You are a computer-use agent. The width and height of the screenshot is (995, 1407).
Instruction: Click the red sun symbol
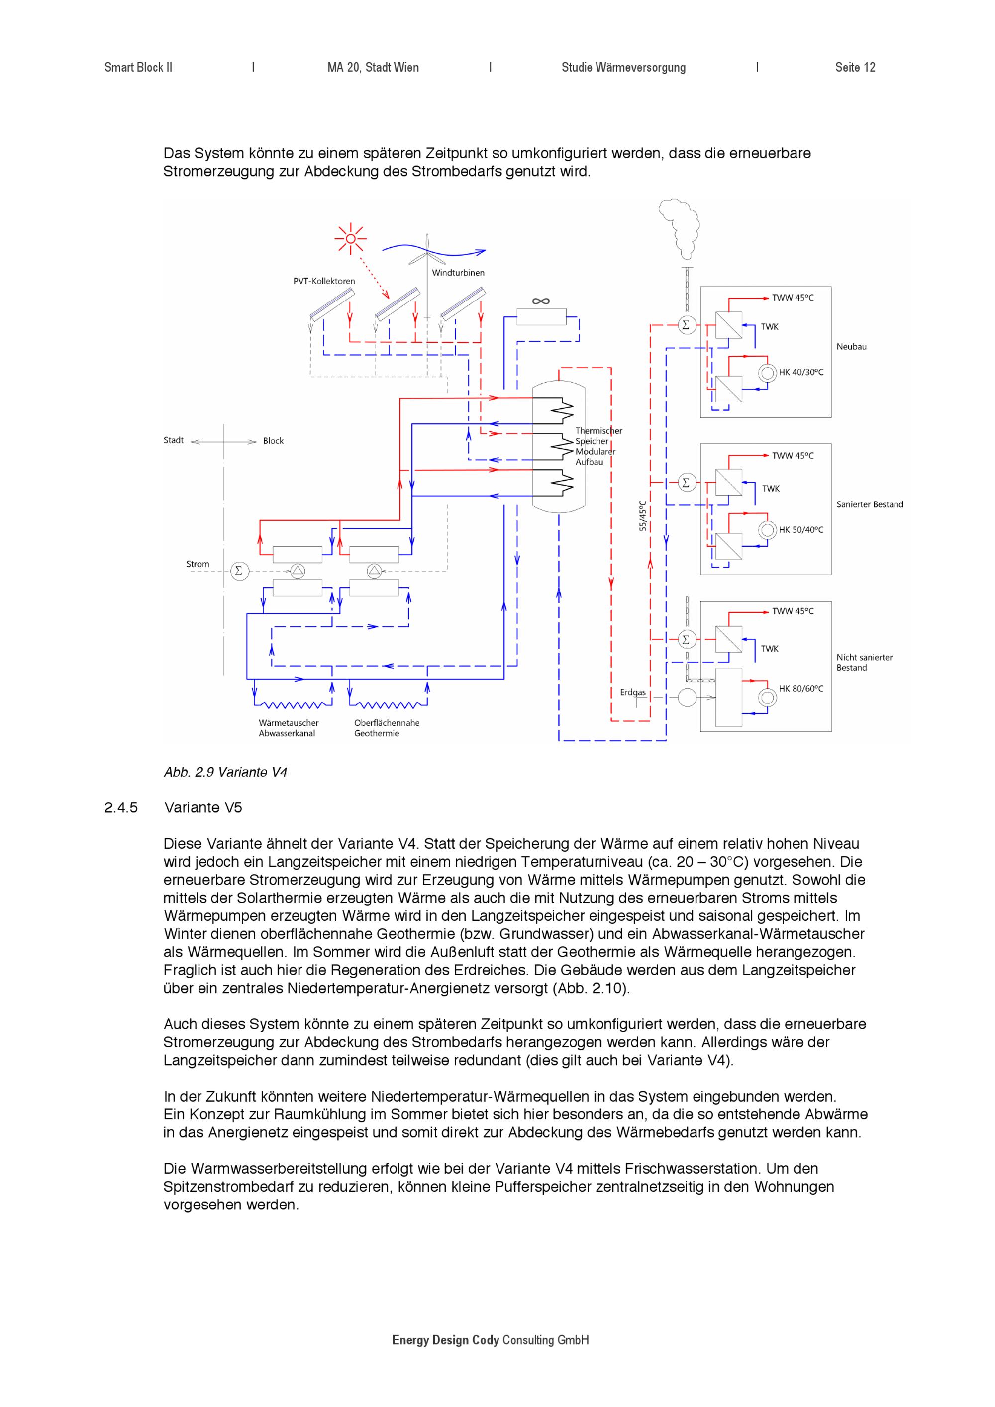pos(350,238)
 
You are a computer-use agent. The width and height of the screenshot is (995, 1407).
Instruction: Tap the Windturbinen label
pos(458,273)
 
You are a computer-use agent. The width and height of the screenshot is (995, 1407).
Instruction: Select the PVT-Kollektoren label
pos(324,281)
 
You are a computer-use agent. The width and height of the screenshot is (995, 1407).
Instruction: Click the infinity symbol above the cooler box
pos(541,301)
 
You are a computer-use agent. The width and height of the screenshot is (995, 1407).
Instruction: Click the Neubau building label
pos(852,347)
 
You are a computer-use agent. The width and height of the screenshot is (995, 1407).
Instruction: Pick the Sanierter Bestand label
pos(870,504)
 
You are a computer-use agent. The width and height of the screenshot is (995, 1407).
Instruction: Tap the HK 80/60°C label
pos(801,689)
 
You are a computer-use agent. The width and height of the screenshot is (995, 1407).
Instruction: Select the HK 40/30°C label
pos(801,372)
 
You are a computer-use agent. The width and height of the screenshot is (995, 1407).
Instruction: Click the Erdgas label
pos(632,693)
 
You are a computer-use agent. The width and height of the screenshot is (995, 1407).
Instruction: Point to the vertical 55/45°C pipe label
pos(643,515)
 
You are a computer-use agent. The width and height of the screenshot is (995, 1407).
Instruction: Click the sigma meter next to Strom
pos(239,571)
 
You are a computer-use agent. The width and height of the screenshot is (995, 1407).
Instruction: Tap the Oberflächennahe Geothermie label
pos(387,728)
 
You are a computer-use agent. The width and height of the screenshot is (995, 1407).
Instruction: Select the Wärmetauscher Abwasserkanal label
pos(289,728)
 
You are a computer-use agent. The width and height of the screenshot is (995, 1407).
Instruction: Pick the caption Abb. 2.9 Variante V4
pos(225,772)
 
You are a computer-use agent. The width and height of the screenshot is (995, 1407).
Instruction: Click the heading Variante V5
pos(203,807)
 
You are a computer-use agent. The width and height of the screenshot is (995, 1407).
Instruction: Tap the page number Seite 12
pos(855,67)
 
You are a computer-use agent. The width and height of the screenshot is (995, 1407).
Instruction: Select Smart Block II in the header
pos(138,67)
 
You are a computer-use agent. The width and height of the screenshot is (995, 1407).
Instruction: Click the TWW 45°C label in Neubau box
pos(793,298)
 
